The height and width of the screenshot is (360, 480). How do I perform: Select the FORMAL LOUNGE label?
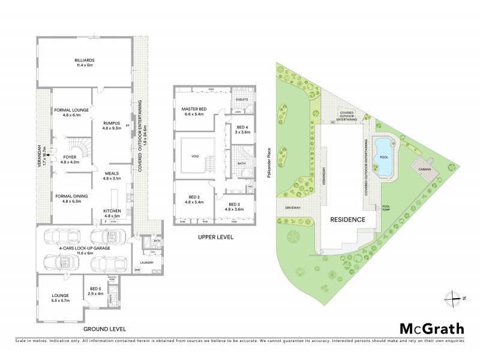pos(71,111)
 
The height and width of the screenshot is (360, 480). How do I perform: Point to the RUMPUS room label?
pos(112,124)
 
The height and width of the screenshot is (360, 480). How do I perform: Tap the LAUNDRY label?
pos(146,262)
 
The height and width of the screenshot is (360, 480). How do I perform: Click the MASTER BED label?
pos(194,109)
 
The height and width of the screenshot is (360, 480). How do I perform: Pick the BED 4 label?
pos(242,128)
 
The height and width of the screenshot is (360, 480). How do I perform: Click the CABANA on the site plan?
pos(424,169)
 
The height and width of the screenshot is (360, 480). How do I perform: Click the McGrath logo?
pos(432,328)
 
